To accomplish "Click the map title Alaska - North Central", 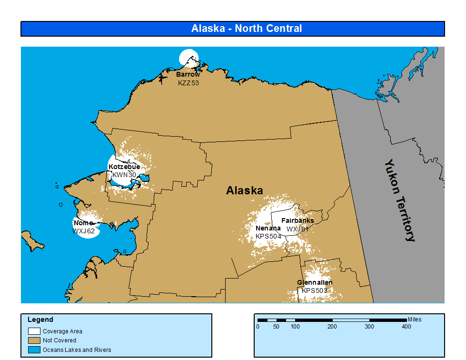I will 247,29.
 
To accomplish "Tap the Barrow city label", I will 188,75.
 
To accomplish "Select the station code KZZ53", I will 188,83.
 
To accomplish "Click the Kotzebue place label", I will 124,167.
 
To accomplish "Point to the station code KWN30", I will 124,175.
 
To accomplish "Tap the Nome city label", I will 83,223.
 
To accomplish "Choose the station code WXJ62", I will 84,231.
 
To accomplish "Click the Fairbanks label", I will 297,220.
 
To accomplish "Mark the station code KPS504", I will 268,236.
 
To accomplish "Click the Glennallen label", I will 315,282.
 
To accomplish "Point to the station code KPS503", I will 315,290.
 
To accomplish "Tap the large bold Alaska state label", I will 244,190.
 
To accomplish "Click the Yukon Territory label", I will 399,200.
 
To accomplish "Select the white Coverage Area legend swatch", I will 34,331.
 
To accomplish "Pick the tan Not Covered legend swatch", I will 34,340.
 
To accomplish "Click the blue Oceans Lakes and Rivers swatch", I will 34,350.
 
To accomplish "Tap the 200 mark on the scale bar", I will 332,327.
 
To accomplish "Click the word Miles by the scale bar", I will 414,320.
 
